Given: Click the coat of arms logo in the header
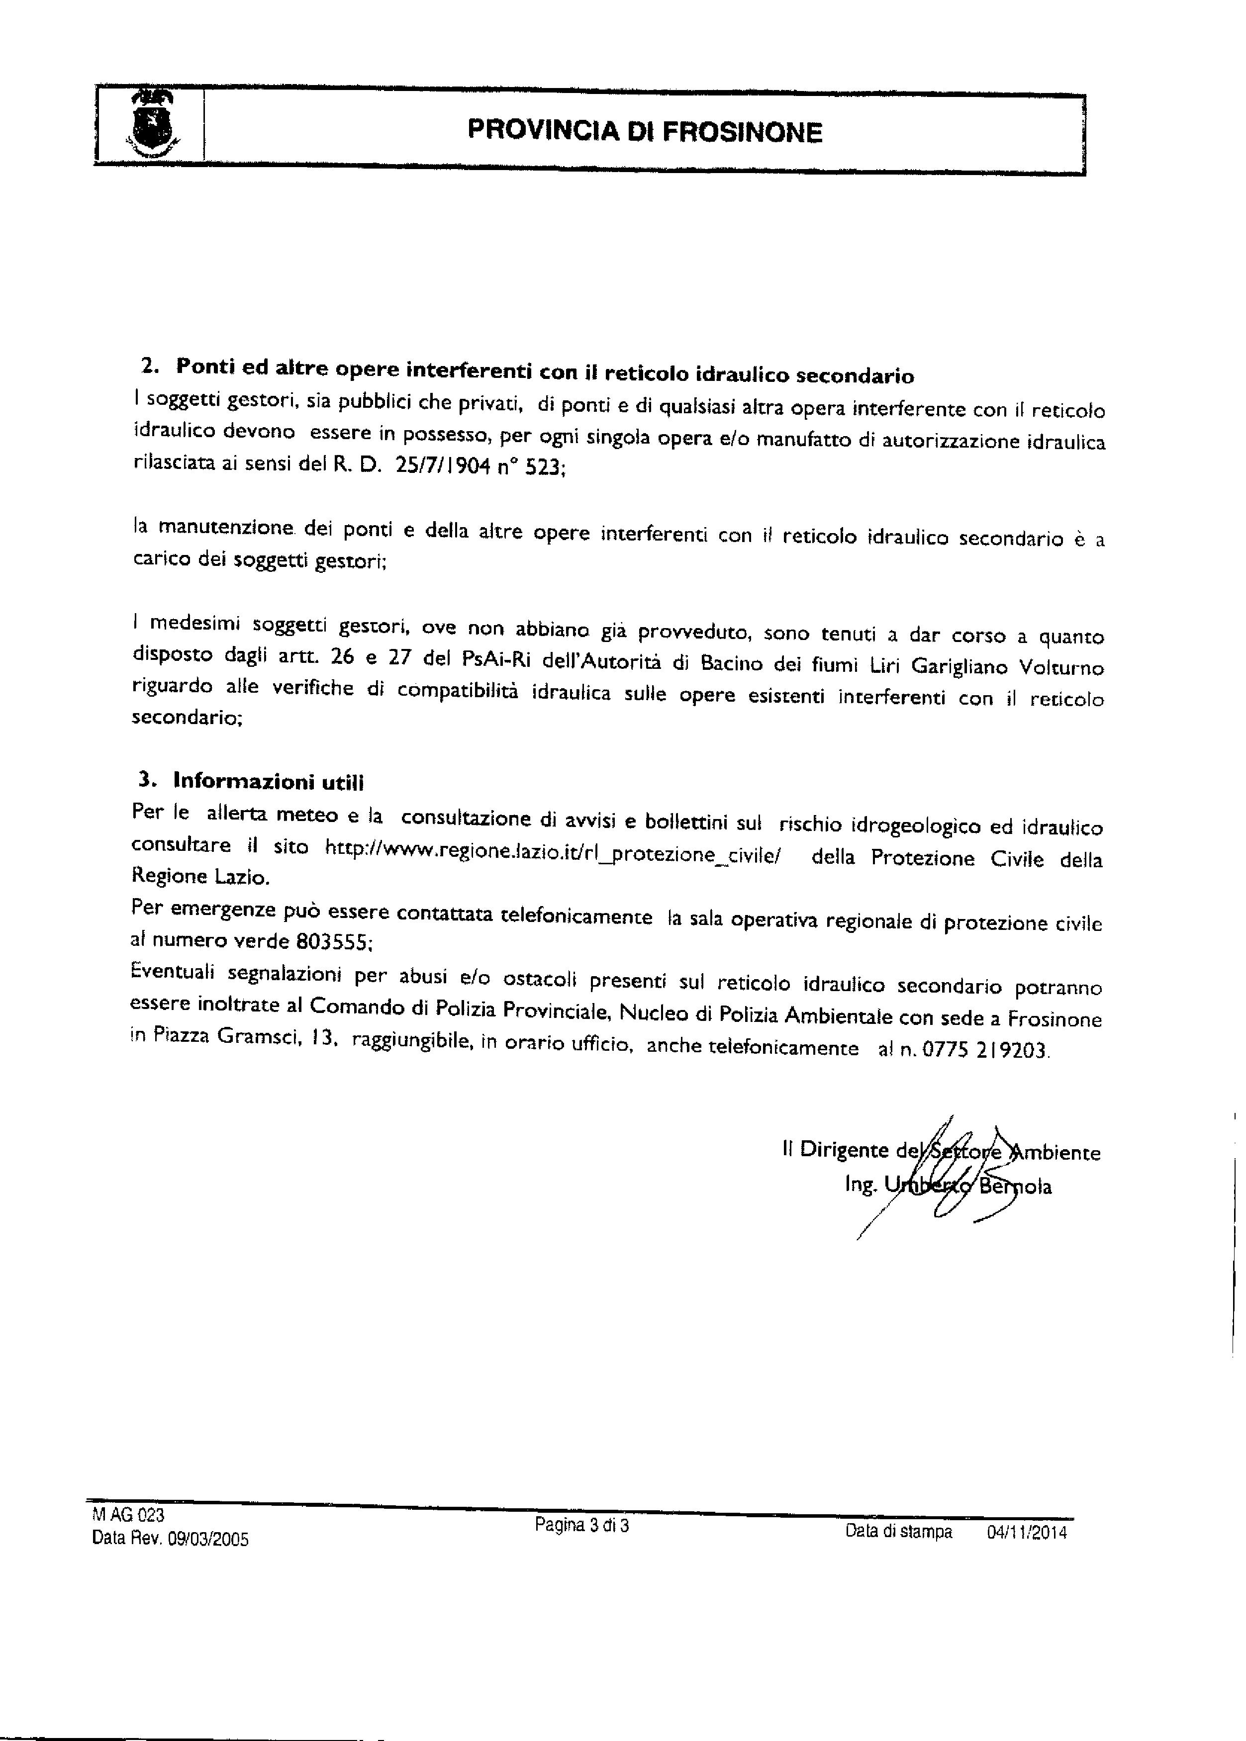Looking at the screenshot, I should point(151,124).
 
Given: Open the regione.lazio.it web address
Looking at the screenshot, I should point(553,850).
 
